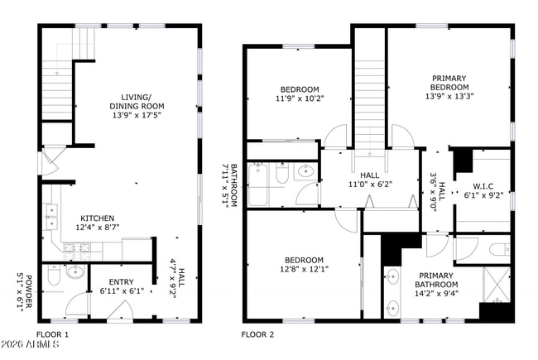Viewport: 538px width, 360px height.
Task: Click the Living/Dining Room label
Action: point(137,106)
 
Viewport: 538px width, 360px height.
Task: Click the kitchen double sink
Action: point(51,217)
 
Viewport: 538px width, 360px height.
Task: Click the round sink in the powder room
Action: point(74,270)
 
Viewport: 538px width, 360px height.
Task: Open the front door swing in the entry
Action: point(79,305)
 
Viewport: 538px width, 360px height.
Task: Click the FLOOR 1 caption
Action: point(53,334)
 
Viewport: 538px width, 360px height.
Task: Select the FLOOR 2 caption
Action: point(257,334)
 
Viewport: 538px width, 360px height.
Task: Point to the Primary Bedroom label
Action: point(449,86)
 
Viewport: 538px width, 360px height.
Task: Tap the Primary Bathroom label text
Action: point(435,281)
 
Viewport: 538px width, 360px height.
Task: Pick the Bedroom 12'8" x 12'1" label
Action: point(303,262)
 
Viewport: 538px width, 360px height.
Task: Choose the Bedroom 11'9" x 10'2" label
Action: point(299,94)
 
